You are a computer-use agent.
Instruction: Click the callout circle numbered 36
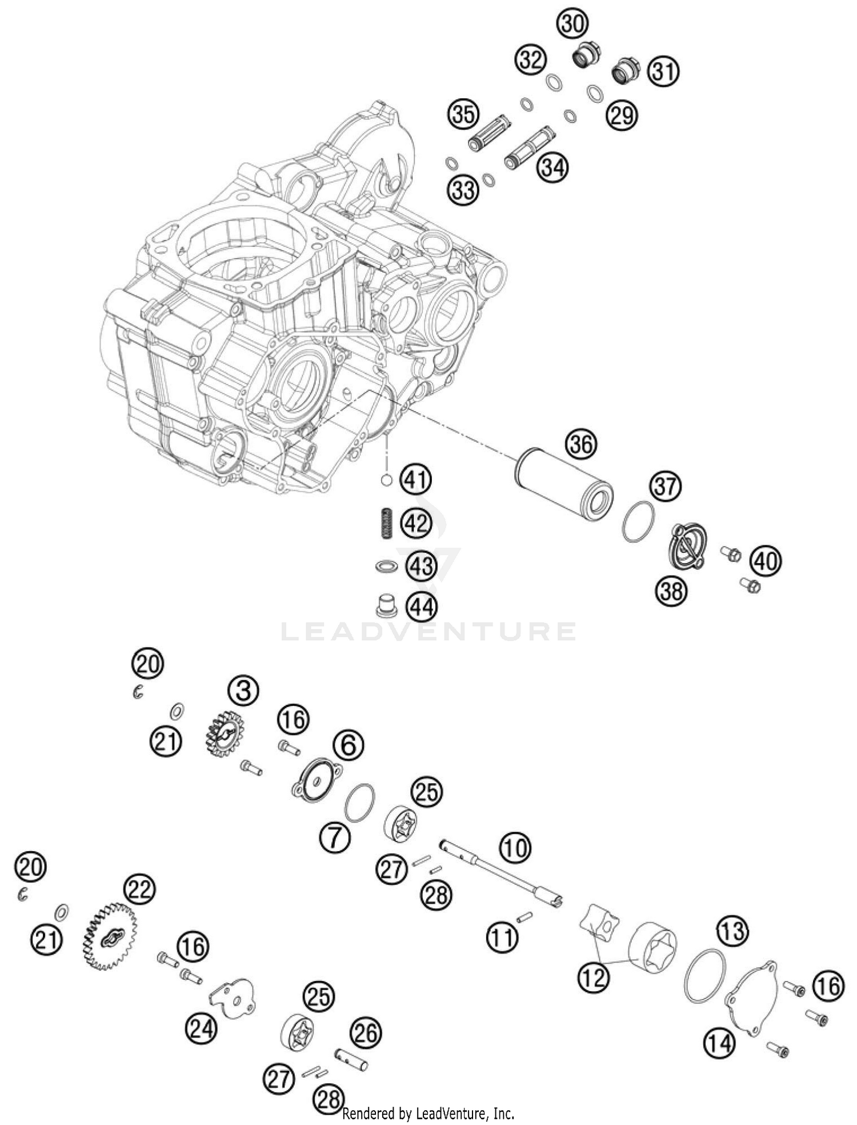tap(580, 445)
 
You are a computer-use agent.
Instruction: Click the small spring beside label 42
tap(386, 523)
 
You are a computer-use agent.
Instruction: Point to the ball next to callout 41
tap(386, 481)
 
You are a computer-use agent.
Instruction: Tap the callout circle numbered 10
tap(515, 849)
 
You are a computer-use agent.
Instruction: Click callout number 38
tap(671, 590)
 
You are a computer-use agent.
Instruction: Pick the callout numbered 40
tap(766, 561)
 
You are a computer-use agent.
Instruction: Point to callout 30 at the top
tap(572, 25)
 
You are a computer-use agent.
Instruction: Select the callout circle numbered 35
tap(463, 115)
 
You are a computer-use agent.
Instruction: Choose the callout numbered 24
tap(201, 1030)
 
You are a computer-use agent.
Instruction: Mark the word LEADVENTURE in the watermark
tap(428, 631)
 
